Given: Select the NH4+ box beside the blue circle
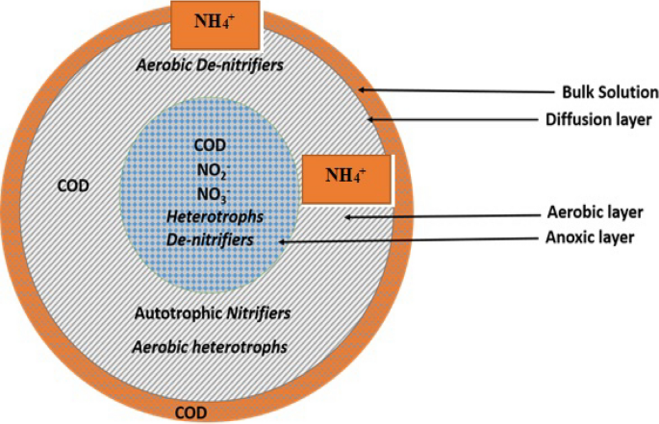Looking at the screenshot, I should click(x=347, y=176).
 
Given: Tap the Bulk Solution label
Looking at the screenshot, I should click(x=609, y=93).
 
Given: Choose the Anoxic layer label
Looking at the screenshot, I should click(x=596, y=237).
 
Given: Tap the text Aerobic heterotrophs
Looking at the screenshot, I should click(x=211, y=344).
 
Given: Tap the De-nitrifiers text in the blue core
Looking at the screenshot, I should click(x=210, y=238).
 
